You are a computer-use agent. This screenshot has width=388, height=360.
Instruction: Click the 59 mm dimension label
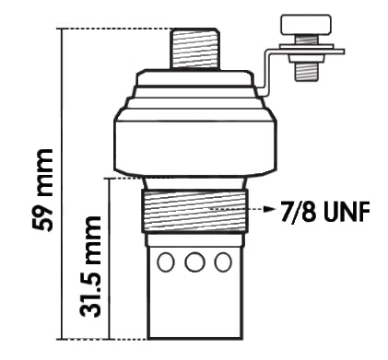point(42,190)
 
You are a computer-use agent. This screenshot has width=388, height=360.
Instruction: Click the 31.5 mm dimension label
point(89,267)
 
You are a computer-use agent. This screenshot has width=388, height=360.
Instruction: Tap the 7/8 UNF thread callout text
point(324,211)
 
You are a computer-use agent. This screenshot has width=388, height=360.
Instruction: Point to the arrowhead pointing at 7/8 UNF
point(269,209)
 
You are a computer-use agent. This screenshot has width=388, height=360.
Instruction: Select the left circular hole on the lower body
point(166,261)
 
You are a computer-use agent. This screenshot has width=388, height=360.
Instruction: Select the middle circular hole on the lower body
point(194,261)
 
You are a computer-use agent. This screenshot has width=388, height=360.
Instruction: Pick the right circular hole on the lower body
point(223,261)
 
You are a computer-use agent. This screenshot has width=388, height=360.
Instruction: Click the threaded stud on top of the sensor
point(195,49)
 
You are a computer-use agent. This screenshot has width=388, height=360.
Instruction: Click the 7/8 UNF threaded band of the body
point(194,212)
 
